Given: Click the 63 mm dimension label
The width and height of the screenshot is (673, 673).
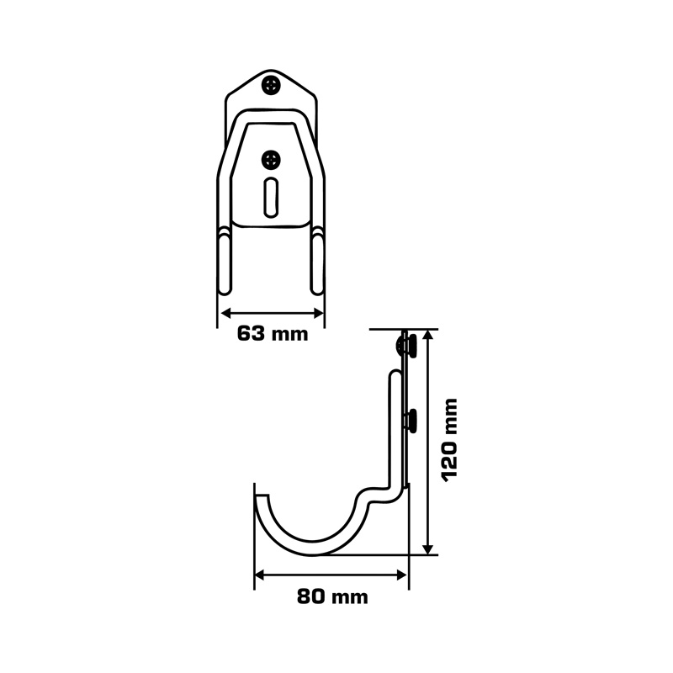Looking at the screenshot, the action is pos(273,333).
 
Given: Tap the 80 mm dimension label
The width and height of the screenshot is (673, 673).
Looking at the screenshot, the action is pos(332,596).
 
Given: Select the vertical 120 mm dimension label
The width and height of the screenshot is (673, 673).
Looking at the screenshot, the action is pos(449,440).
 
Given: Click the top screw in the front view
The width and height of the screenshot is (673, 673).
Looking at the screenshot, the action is pos(271,85).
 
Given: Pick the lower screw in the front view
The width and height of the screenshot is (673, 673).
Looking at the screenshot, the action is pos(271,160).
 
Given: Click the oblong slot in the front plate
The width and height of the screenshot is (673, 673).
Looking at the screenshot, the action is pos(270,197).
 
